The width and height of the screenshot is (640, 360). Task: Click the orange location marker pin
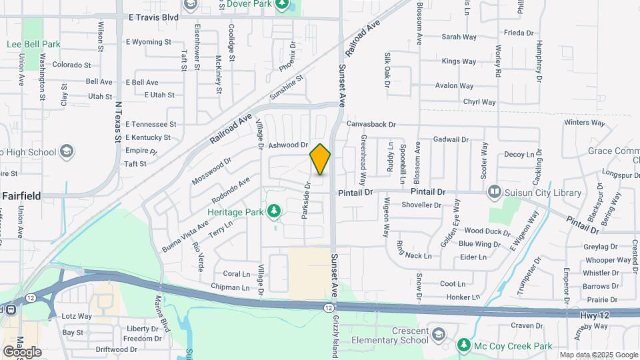320,159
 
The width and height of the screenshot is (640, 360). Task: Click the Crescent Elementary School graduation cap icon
438,333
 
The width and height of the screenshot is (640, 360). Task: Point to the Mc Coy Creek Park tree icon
464,346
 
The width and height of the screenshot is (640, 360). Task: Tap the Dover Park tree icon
283,5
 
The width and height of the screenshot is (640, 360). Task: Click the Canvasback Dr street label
371,124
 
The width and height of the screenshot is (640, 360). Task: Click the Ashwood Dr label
288,145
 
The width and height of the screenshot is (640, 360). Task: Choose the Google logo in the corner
22,351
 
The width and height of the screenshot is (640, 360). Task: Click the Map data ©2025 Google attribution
599,355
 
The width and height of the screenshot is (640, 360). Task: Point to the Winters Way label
584,123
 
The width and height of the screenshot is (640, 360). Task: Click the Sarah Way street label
457,37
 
